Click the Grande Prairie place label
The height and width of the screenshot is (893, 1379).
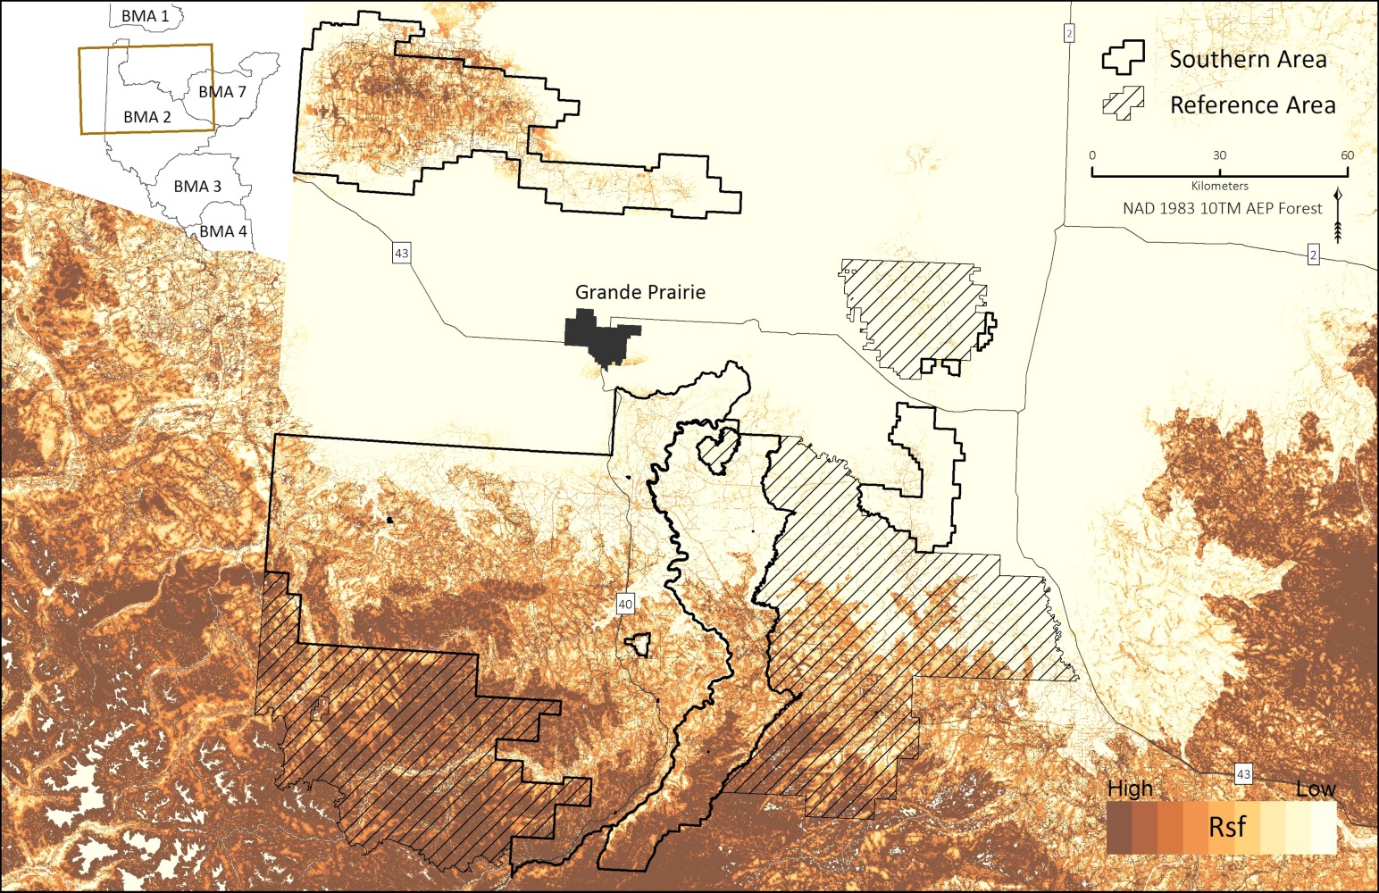(x=639, y=292)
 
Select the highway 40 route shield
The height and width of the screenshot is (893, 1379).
(x=625, y=605)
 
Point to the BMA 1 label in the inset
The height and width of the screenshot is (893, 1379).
(x=145, y=16)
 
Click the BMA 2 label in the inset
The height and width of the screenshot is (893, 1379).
(x=147, y=117)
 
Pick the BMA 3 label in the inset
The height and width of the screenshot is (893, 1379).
(x=197, y=186)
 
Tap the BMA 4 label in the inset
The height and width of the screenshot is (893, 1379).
(x=222, y=231)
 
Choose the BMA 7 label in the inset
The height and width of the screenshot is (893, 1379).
(x=222, y=92)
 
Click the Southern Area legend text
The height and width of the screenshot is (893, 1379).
(x=1248, y=60)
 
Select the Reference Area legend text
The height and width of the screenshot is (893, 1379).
(x=1252, y=105)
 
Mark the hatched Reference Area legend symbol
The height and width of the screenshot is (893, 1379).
(x=1123, y=104)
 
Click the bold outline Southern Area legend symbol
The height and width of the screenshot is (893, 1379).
(x=1123, y=58)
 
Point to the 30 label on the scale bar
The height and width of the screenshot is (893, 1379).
(x=1219, y=155)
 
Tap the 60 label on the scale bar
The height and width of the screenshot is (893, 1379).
(x=1347, y=155)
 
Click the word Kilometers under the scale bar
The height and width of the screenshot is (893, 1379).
(x=1219, y=186)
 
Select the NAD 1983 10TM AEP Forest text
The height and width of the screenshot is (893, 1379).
(x=1222, y=208)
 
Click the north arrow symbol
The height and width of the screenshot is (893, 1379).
(x=1338, y=216)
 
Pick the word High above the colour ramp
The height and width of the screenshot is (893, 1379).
(x=1130, y=789)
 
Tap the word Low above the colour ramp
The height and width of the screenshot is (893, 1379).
(x=1316, y=789)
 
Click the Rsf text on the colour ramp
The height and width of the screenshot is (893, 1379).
(x=1226, y=827)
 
